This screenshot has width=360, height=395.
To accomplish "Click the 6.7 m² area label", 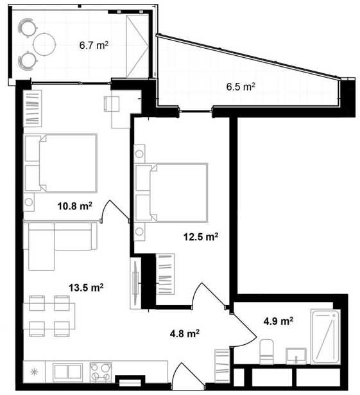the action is point(94,46).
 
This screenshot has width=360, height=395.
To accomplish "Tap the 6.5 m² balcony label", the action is point(241,87).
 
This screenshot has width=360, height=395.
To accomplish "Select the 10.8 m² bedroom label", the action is point(75,206).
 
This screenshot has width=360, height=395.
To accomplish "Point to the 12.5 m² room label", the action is point(201,237).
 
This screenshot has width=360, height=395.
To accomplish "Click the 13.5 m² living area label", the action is point(86,288).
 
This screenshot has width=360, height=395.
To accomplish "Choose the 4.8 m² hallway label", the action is point(185,334).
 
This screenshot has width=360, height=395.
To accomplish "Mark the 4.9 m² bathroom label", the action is point(279,321).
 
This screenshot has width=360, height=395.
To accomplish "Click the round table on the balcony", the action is point(44,44).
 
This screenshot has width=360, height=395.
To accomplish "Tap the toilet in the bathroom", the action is point(266,351).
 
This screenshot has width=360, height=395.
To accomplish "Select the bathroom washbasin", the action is point(296,356).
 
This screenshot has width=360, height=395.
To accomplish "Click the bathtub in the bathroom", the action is point(325,337).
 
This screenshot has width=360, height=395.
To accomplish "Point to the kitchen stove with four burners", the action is point(101,372).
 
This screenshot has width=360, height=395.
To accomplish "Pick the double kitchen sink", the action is point(67,373).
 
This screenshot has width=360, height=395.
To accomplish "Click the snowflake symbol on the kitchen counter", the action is point(34,372).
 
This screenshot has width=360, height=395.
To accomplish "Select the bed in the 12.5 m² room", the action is point(171,193).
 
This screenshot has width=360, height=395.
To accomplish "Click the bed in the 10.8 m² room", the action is point(60,163).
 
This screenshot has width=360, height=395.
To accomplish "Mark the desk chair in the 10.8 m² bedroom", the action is point(112,104).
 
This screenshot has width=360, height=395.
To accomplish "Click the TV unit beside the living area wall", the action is point(135,283).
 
